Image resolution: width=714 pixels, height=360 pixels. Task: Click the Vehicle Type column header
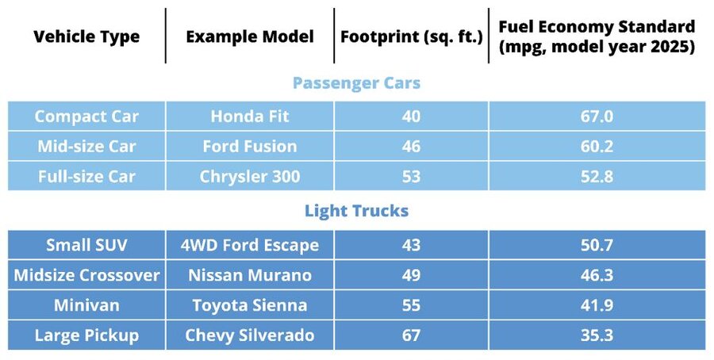pos(86,36)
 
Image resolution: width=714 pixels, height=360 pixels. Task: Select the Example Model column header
pos(250,36)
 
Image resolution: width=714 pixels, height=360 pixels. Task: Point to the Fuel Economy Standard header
pos(597,36)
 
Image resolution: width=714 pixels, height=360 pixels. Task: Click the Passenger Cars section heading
pos(356,82)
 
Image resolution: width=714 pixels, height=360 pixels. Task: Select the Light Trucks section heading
pos(356,211)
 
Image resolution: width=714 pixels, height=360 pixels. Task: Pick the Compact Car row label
pos(86,117)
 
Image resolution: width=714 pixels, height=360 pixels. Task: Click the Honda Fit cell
pos(250,117)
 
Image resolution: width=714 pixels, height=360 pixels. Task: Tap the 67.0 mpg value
pos(597,117)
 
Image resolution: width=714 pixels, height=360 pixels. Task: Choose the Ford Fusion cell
pos(250,147)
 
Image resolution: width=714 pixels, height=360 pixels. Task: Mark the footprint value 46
pos(411,147)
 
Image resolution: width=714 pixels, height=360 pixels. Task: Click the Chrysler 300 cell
pos(250,176)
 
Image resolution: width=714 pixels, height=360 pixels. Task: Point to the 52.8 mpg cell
pos(597,176)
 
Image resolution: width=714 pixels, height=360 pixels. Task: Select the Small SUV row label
pos(86,245)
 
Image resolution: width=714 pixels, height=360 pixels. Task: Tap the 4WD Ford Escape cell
pos(250,245)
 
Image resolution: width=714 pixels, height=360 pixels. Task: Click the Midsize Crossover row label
pos(86,275)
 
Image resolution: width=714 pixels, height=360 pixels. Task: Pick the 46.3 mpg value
pos(597,275)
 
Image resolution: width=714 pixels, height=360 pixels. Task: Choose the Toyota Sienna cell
pos(250,305)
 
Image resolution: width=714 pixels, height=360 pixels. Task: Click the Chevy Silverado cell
pos(250,335)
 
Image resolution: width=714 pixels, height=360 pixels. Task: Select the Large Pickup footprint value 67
pos(411,335)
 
